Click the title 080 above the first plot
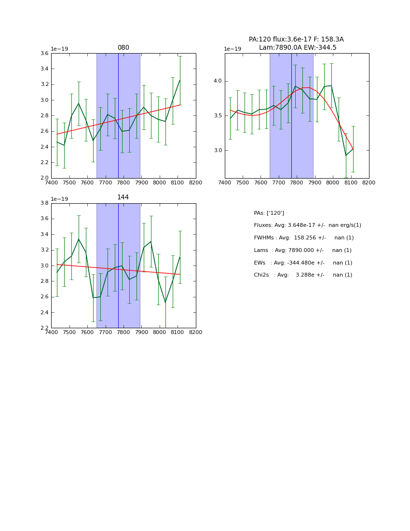tap(123, 48)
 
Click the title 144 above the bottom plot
tap(123, 197)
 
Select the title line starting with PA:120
tap(296, 40)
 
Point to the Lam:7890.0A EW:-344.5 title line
tap(297, 47)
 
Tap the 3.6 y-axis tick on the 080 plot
tap(43, 54)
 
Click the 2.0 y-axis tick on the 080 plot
tap(43, 178)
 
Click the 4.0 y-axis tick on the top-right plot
tap(217, 81)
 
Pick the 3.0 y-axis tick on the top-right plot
tap(217, 151)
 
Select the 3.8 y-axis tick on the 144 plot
tap(43, 203)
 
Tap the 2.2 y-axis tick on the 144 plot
tap(43, 328)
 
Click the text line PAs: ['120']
tap(269, 213)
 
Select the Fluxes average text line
tap(307, 225)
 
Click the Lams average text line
tap(302, 251)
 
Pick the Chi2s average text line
tap(303, 275)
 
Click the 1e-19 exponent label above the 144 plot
tap(59, 199)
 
